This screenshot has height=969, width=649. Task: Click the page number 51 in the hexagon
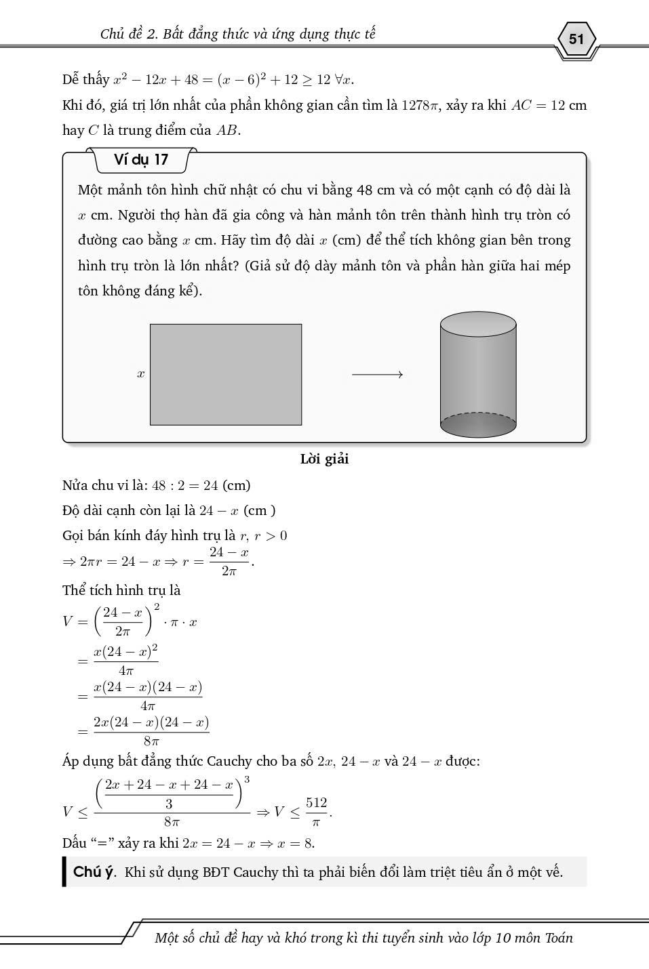pos(576,39)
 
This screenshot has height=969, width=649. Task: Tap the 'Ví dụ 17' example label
pos(141,160)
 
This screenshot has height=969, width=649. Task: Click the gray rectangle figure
pos(225,374)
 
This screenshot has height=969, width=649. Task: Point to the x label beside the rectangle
pos(140,373)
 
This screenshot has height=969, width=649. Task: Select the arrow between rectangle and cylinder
pos(377,374)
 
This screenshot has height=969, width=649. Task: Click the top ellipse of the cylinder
pos(478,325)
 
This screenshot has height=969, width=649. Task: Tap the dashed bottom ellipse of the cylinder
pos(478,425)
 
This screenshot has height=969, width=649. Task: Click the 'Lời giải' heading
pos(324,459)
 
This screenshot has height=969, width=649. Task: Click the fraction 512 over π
pos(316,811)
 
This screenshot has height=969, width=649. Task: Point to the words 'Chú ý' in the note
pos(94,872)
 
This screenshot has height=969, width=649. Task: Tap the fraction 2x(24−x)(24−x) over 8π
pos(151,731)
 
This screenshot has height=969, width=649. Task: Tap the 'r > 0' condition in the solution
pos(271,535)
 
